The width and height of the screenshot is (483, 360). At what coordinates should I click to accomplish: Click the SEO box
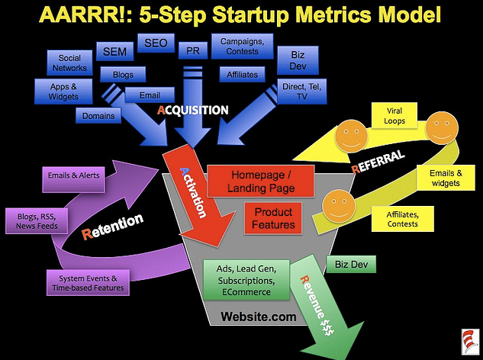point(156,43)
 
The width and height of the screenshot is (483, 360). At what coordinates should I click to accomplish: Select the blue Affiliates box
point(242,75)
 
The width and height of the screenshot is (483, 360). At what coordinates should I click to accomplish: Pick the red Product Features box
point(273,218)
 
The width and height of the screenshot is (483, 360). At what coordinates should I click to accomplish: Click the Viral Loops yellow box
point(394,115)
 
